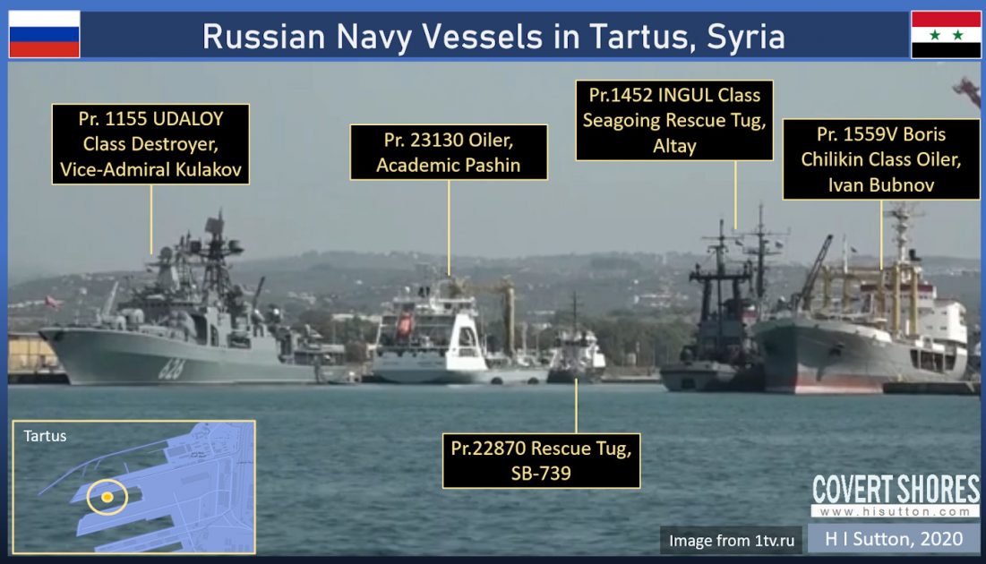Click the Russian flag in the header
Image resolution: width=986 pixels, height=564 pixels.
tap(44, 34)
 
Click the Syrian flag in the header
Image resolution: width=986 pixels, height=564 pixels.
tap(946, 34)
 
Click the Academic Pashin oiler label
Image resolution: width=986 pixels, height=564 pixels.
tap(449, 153)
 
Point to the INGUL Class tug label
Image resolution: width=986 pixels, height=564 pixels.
tap(674, 120)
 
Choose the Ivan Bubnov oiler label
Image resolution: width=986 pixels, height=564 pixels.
tap(881, 160)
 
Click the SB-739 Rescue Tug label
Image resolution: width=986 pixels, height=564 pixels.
tap(542, 460)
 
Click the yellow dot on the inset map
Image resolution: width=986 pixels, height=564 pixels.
tap(107, 496)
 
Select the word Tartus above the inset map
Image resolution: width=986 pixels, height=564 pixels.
tap(45, 436)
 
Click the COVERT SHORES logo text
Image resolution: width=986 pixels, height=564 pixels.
tap(896, 490)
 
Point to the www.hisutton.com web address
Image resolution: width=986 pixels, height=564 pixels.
tap(896, 511)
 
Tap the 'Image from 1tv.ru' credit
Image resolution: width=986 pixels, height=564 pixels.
tap(732, 540)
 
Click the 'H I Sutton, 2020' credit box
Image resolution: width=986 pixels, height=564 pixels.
tap(893, 538)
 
